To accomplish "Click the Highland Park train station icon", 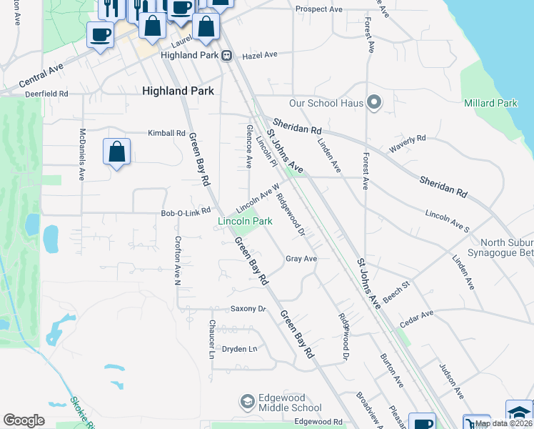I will click(x=227, y=55).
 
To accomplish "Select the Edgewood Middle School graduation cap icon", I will click(x=248, y=402).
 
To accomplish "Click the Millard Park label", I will click(x=490, y=103).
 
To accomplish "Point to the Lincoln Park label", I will click(x=245, y=222).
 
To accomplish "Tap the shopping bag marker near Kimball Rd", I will click(x=116, y=152).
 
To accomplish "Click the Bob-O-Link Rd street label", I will click(x=186, y=212).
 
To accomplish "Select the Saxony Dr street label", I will click(x=248, y=309).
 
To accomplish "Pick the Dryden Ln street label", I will click(x=239, y=349).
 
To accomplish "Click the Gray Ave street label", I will click(x=301, y=258).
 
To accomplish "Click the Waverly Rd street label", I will click(x=407, y=143).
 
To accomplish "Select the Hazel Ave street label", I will click(x=259, y=54).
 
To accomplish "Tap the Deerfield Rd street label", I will click(x=46, y=94).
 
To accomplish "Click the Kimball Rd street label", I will click(x=166, y=133).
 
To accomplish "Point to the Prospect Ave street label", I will click(x=319, y=9).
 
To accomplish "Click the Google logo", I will click(x=24, y=420).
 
